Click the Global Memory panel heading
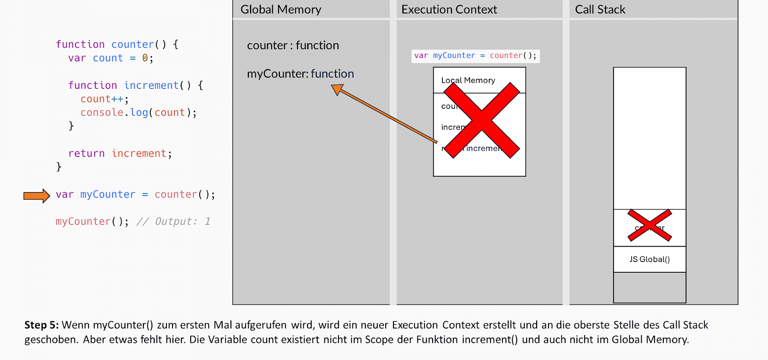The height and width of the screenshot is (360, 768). tap(281, 10)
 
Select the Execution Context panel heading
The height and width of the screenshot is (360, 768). tap(449, 10)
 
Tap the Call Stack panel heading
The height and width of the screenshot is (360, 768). tap(600, 10)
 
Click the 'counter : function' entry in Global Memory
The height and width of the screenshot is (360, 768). tap(293, 46)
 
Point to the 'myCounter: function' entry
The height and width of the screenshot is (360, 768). tap(300, 74)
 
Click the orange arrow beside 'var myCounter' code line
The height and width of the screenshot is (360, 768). tap(36, 196)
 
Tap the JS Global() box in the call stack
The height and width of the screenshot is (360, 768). tap(649, 260)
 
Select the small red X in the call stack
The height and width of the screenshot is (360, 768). tap(650, 226)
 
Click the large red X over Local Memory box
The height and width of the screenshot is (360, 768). tap(482, 120)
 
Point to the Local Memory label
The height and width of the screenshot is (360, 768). tap(468, 80)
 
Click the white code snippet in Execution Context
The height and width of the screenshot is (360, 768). tap(475, 56)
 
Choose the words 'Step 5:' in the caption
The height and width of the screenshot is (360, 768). tap(41, 325)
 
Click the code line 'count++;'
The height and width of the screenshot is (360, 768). tap(104, 99)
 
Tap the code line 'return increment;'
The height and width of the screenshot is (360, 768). tap(120, 154)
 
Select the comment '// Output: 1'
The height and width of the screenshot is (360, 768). tap(173, 222)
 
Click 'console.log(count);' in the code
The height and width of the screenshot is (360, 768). tap(138, 113)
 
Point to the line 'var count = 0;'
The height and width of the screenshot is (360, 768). tap(110, 58)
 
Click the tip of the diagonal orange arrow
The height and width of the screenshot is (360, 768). tap(334, 86)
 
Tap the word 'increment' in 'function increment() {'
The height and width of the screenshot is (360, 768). tap(151, 86)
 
